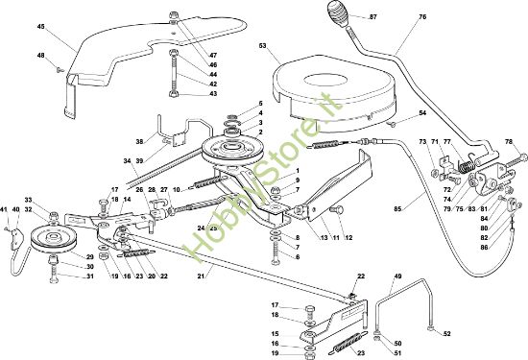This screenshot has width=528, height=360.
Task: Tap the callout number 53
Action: [263, 45]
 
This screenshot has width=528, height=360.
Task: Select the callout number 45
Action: [40, 26]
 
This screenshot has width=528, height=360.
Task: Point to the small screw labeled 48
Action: [60, 70]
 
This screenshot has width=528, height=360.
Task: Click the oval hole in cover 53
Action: [325, 81]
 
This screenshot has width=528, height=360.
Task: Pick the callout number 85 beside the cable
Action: [397, 208]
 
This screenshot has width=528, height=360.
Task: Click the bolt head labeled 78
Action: [522, 157]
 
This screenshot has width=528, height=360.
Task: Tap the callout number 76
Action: [422, 16]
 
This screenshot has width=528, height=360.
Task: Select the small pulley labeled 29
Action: [54, 239]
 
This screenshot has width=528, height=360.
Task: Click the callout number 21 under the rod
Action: [201, 276]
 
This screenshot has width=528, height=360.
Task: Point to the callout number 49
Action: [397, 276]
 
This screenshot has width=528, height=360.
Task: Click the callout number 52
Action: [446, 334]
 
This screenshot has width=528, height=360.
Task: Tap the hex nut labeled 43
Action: [174, 94]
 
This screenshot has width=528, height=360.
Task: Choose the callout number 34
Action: [127, 161]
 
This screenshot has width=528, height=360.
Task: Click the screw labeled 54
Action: [392, 125]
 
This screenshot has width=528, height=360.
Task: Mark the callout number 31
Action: [89, 276]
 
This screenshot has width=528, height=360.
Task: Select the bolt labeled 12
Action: [335, 210]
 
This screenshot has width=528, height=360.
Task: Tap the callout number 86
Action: [484, 247]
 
